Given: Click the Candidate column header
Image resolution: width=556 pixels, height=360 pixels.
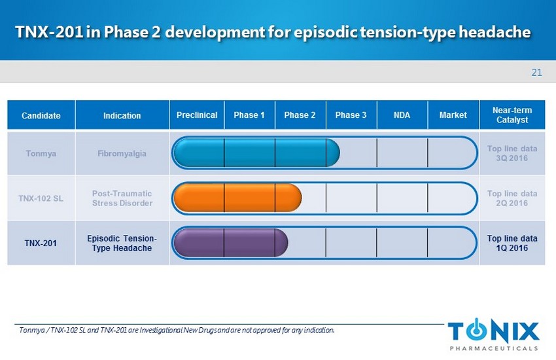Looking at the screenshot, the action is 41,115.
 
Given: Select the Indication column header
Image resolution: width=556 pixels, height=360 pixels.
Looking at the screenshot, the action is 122,115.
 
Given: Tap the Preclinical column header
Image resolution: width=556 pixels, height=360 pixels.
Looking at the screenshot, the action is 197,115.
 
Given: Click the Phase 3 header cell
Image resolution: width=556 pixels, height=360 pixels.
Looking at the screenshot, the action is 351,115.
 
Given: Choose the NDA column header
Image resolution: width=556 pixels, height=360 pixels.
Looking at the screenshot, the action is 402,115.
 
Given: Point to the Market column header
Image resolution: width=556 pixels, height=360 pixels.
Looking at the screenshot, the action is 453,115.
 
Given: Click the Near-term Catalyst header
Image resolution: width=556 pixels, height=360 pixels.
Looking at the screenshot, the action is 512,115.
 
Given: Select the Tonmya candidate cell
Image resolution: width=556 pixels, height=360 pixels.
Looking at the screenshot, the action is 41,153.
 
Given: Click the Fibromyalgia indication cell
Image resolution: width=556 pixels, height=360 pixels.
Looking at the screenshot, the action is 122,153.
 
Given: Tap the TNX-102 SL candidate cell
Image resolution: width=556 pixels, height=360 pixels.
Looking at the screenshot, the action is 41,198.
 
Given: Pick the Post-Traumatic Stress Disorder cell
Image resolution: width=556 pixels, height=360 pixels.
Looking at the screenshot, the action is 122,198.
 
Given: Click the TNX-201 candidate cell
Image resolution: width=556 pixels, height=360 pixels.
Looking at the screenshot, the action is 41,243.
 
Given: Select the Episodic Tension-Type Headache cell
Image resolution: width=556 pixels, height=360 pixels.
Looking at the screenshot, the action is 122,243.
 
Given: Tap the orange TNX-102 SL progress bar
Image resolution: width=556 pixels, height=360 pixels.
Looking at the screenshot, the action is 237,198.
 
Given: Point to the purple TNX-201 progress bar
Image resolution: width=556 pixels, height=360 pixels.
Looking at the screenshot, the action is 231,243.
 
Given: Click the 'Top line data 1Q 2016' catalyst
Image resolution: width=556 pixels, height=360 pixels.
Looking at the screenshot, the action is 512,243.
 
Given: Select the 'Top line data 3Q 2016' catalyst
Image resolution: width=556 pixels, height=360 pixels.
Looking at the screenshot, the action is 512,153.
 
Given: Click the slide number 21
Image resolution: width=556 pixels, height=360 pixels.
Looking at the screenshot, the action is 536,73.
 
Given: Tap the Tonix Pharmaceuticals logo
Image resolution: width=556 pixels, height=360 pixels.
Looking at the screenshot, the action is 494,334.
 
